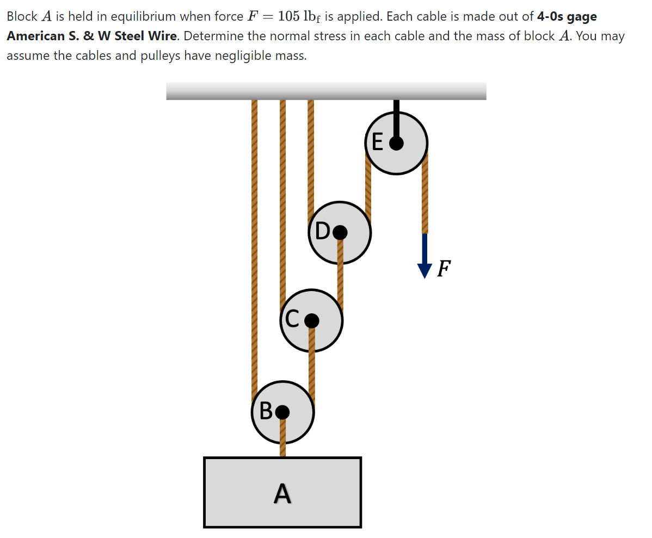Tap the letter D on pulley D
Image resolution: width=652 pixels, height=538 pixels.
click(x=322, y=232)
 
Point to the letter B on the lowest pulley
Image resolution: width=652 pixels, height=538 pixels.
click(x=266, y=411)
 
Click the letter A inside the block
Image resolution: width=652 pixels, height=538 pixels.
click(x=282, y=493)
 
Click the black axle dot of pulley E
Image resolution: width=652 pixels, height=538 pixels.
click(x=397, y=143)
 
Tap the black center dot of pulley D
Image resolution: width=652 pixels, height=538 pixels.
click(x=340, y=232)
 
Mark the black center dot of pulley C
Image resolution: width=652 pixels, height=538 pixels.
click(x=311, y=321)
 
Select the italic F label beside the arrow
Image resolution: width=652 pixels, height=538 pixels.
click(x=444, y=268)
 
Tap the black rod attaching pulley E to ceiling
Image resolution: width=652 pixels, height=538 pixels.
click(x=397, y=117)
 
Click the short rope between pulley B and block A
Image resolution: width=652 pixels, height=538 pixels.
click(x=282, y=441)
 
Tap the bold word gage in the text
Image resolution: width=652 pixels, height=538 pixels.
click(x=582, y=16)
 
